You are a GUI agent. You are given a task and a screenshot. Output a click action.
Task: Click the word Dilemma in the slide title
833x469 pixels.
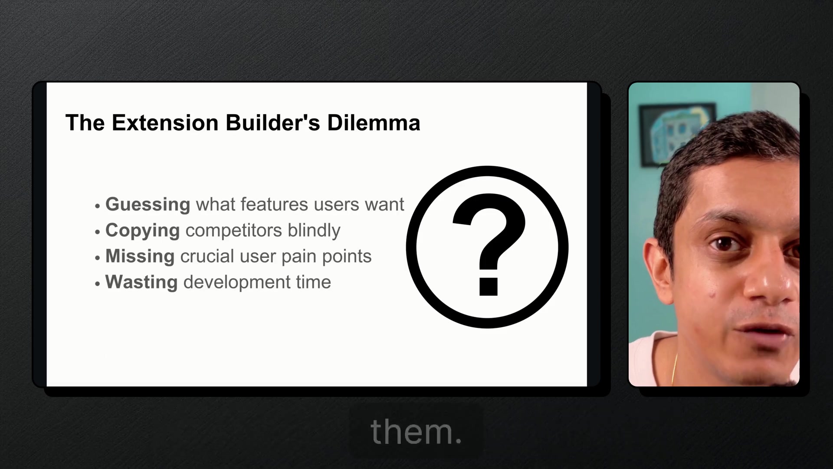pos(374,122)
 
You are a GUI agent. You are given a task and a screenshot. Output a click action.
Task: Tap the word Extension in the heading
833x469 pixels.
pos(165,122)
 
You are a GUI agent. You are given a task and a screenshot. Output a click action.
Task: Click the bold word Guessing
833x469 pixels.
pos(148,205)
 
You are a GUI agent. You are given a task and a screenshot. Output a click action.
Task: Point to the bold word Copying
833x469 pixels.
pos(142,231)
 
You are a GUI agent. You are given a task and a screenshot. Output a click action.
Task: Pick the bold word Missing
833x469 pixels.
pos(140,256)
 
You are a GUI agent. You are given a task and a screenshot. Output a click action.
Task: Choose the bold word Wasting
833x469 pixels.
pos(141,282)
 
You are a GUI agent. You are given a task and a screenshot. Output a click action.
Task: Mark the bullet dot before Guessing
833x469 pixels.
pos(98,206)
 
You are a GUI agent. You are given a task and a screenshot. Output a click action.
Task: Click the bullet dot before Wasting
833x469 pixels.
pos(98,284)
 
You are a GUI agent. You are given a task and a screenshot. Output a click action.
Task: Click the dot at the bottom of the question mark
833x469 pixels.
pos(488,287)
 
